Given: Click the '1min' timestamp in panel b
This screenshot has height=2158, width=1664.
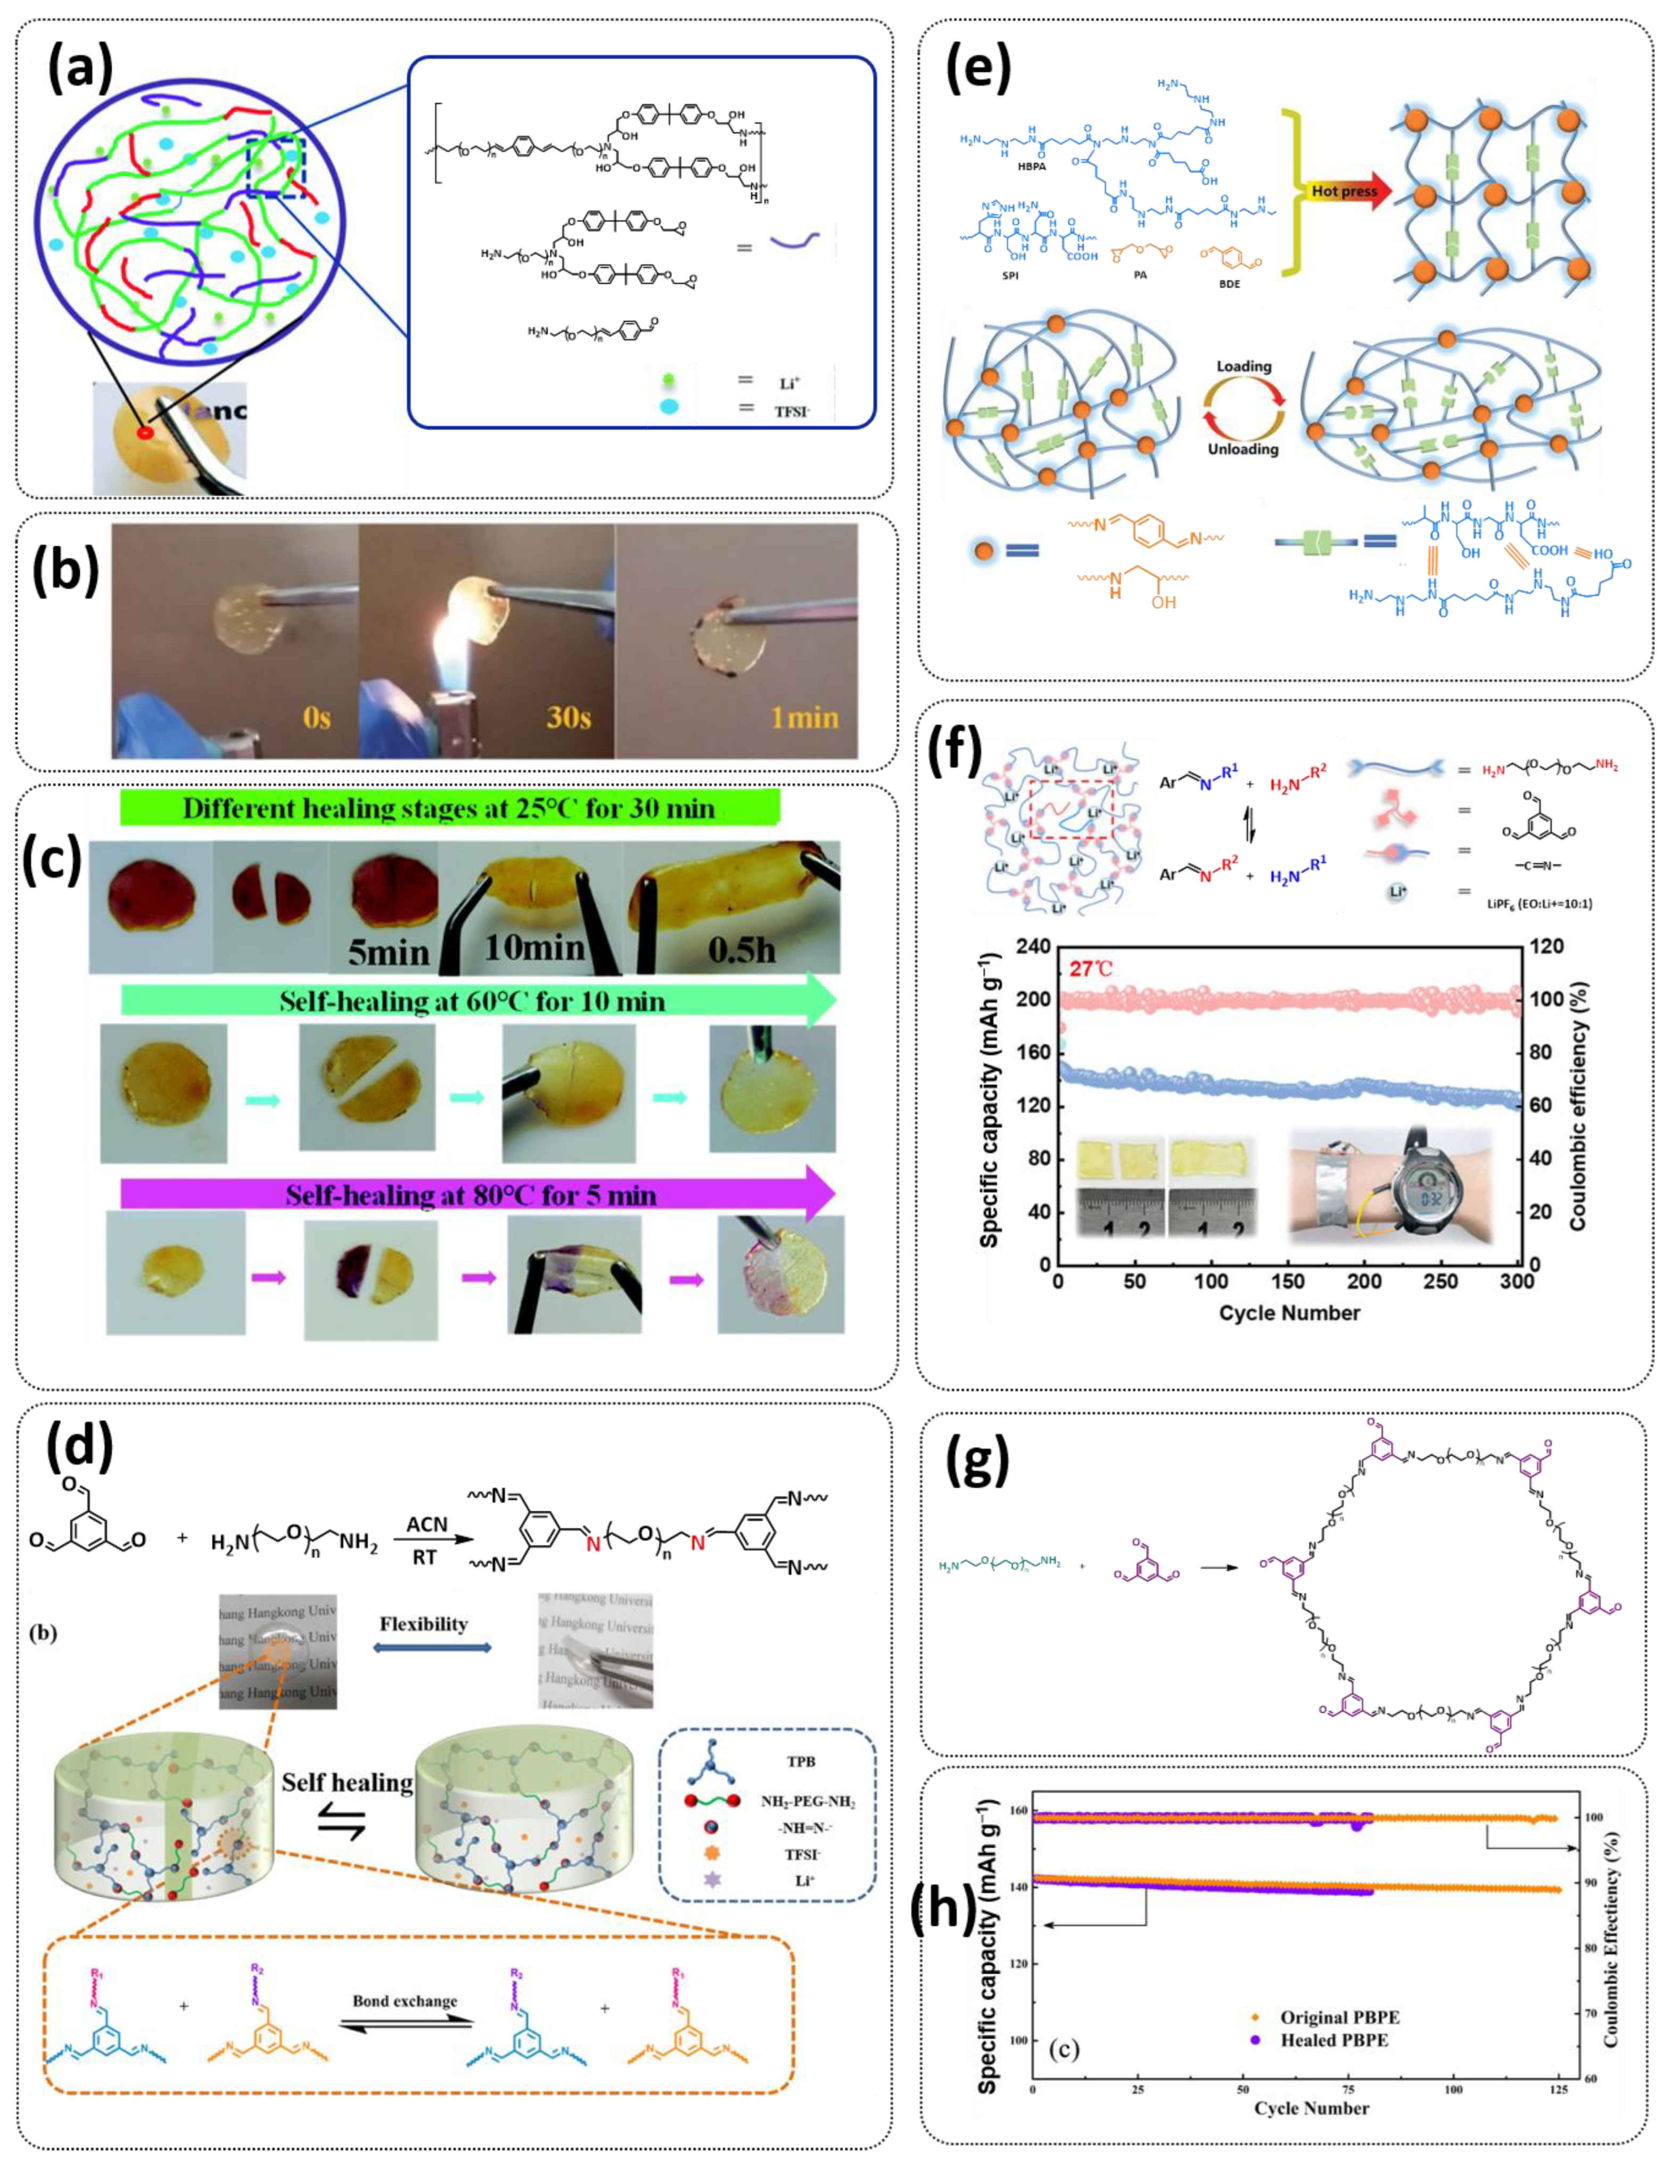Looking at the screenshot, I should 804,716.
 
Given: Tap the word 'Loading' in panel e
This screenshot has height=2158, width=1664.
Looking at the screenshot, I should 1244,366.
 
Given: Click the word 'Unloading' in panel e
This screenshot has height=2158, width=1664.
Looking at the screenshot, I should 1243,449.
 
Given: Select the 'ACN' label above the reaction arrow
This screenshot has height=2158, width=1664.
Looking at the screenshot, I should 427,1524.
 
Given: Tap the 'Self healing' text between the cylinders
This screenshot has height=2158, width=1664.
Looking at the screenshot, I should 347,1782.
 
